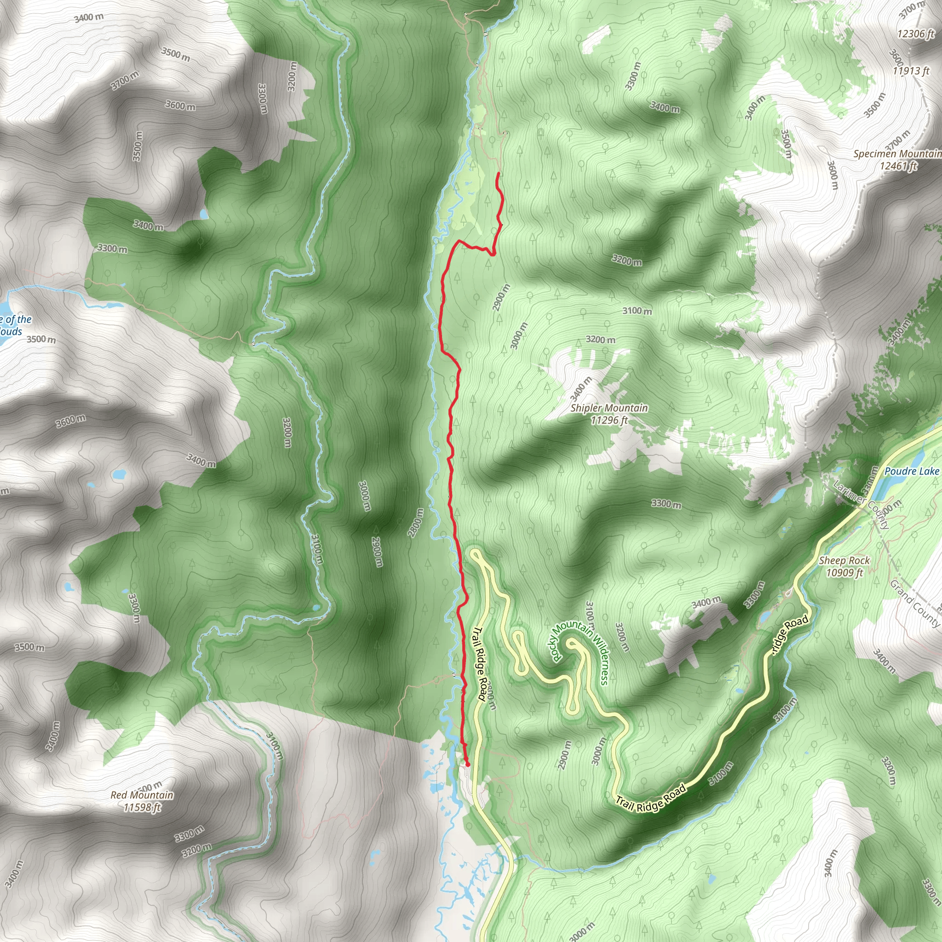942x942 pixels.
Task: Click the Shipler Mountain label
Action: pos(609,408)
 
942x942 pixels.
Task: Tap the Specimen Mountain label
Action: pos(897,154)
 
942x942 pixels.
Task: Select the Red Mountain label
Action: pos(142,795)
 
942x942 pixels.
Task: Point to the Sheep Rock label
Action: pos(844,561)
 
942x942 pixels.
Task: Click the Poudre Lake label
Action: pos(912,471)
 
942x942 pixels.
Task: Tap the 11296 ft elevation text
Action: pos(609,420)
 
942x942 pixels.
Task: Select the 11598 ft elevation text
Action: pos(142,807)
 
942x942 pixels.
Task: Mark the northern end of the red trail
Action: pos(497,173)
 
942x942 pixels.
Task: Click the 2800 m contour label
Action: pos(415,523)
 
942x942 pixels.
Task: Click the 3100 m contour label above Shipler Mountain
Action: pos(637,310)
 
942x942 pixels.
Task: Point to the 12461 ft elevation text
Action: pos(898,166)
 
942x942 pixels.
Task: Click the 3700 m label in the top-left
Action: pos(125,80)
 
